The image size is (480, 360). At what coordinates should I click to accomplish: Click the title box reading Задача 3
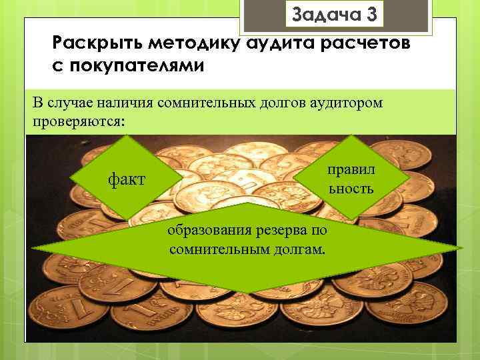334,15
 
